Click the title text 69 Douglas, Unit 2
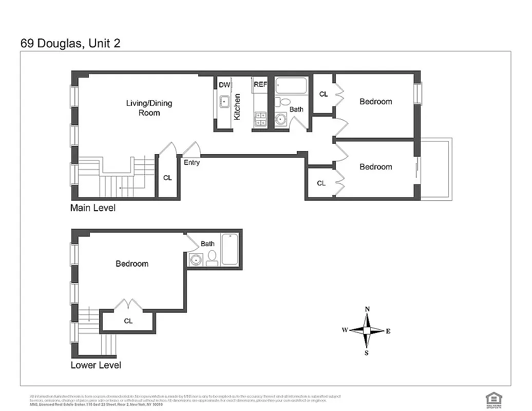[70, 43]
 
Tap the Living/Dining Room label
[149, 108]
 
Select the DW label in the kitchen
[224, 85]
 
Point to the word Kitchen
[237, 107]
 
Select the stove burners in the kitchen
[260, 119]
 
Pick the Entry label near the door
[192, 163]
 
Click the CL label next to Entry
[167, 178]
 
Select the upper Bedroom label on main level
[375, 102]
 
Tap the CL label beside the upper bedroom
[324, 94]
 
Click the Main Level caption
[93, 208]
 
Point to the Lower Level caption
[96, 365]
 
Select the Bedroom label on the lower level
[132, 264]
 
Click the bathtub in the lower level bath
[229, 250]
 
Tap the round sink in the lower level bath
[195, 260]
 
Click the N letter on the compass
[367, 309]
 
